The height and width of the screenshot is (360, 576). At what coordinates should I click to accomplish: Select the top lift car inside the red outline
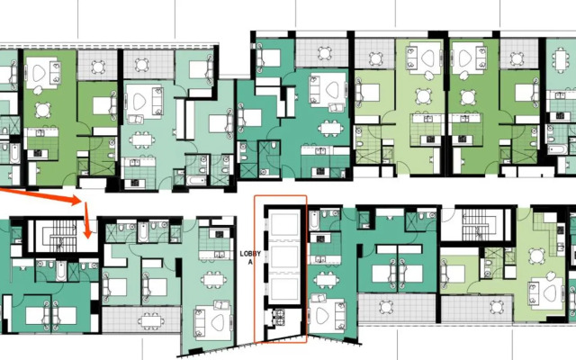[x=286, y=224]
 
